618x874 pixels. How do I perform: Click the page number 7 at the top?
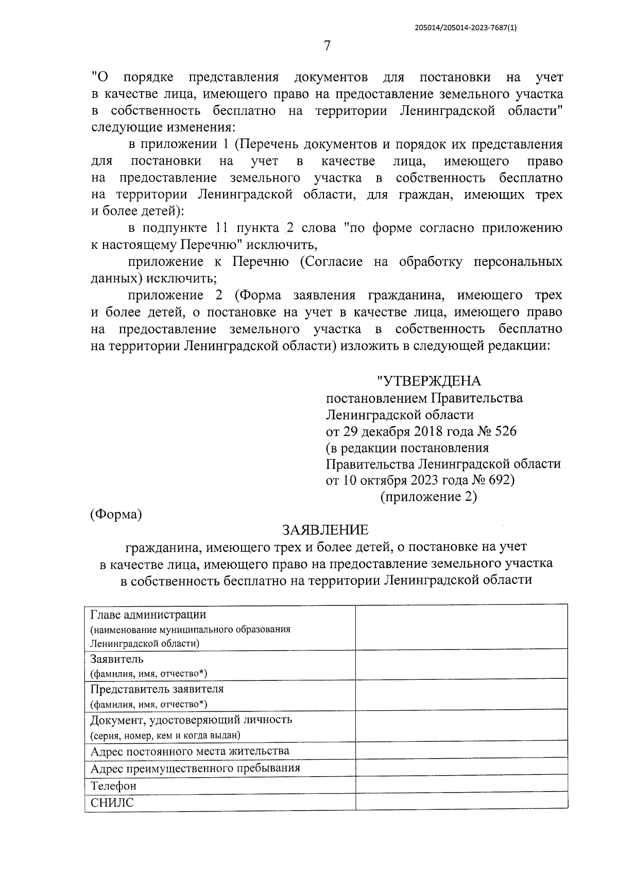coord(327,46)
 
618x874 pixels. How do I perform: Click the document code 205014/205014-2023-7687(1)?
coord(465,28)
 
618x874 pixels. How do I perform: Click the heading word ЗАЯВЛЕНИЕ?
coord(325,529)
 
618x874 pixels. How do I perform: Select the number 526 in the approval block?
coord(505,431)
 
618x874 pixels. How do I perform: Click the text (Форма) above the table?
coord(116,514)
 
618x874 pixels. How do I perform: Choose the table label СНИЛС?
coord(112,802)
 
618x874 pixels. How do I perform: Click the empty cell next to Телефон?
coord(461,786)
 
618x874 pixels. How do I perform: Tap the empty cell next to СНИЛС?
coord(461,802)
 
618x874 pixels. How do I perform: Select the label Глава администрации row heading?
coord(148,614)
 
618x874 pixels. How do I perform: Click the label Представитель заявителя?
coord(157,689)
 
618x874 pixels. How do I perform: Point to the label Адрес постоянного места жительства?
coord(190,751)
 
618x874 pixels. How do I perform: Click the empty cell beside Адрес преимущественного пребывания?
coord(461,768)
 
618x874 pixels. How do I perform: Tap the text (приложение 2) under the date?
coord(428,497)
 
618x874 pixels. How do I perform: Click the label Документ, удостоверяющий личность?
coord(191,719)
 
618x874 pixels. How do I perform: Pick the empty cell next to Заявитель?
coord(461,664)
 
